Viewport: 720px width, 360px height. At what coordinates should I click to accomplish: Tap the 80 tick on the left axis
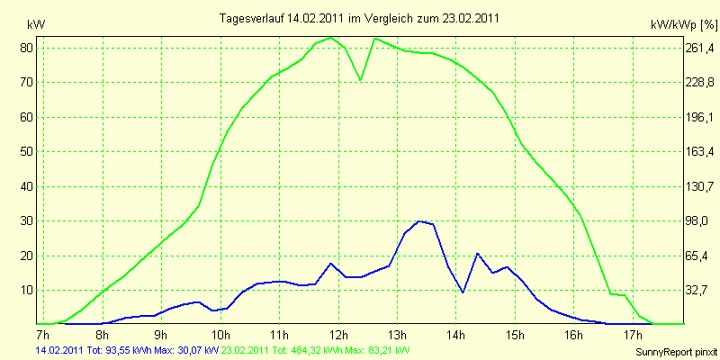point(27,47)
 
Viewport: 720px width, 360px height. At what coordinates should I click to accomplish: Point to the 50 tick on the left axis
point(27,151)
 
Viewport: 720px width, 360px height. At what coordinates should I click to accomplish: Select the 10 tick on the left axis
point(27,290)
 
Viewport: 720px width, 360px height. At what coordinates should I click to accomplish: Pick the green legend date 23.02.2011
point(246,349)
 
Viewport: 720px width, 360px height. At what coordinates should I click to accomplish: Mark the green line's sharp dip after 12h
point(361,80)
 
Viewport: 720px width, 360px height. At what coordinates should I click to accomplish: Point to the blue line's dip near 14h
point(463,292)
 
